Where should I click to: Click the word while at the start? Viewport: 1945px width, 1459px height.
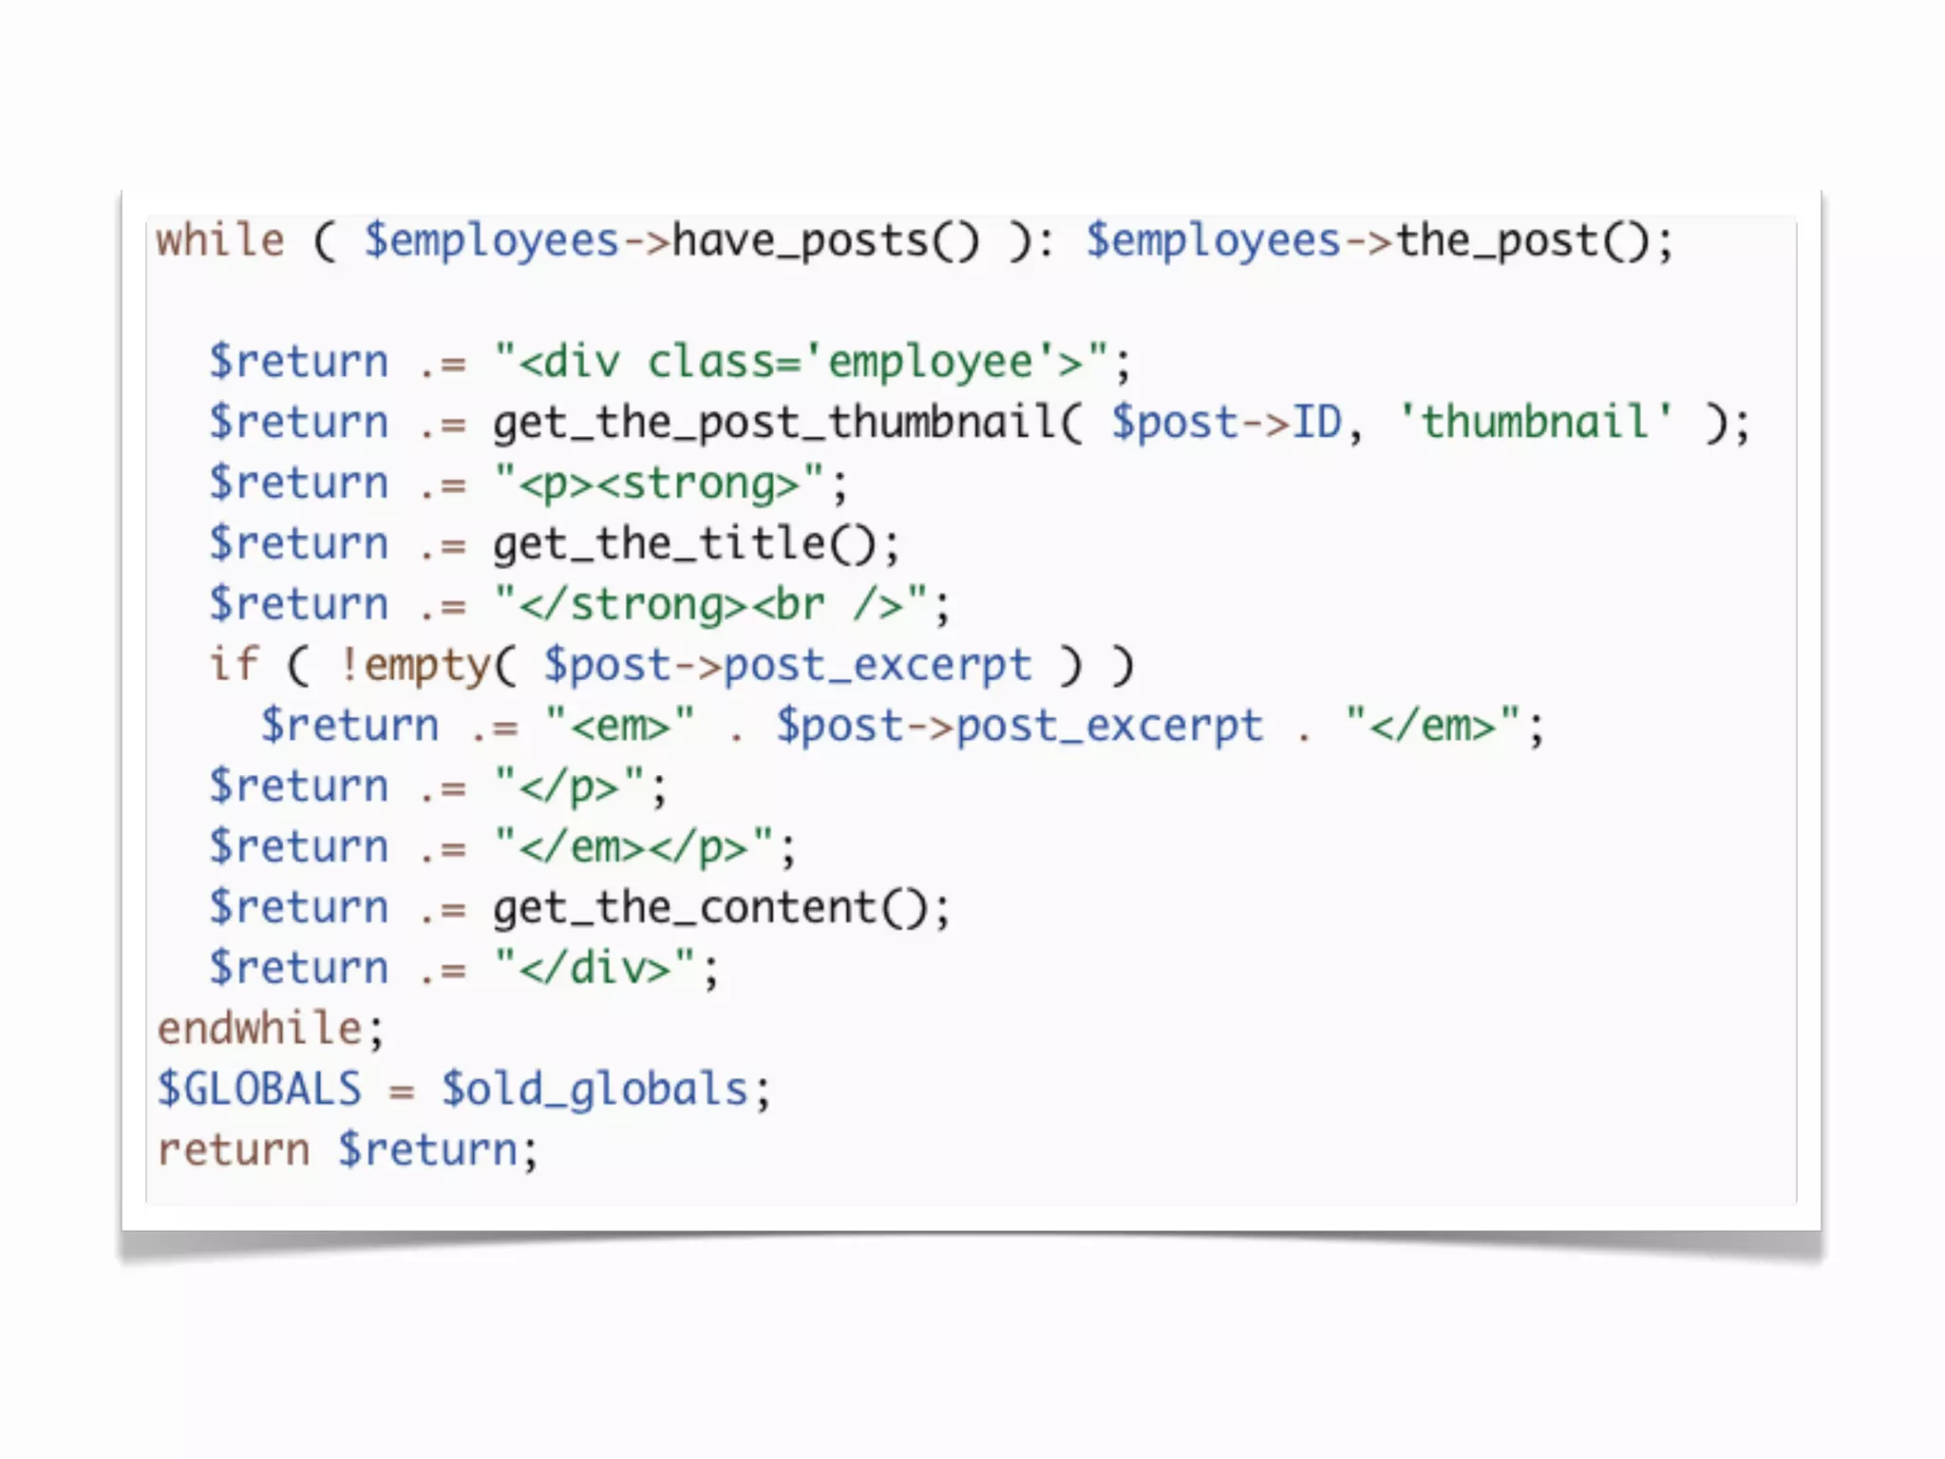(220, 240)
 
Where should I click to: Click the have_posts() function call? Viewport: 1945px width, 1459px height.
(824, 241)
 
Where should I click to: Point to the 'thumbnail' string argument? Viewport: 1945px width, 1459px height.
(1535, 422)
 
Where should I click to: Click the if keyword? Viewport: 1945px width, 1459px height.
(234, 665)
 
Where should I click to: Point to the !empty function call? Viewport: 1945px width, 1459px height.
(418, 665)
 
